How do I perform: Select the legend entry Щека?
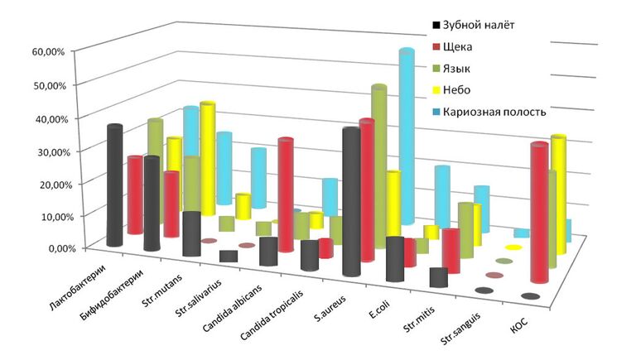tap(465, 47)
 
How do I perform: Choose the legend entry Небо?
tap(464, 90)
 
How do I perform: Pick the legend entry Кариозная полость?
tap(494, 112)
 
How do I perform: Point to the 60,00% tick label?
tap(49, 51)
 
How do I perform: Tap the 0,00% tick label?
tap(51, 247)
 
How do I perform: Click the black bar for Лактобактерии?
tap(115, 186)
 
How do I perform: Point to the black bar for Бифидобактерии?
tap(151, 203)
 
